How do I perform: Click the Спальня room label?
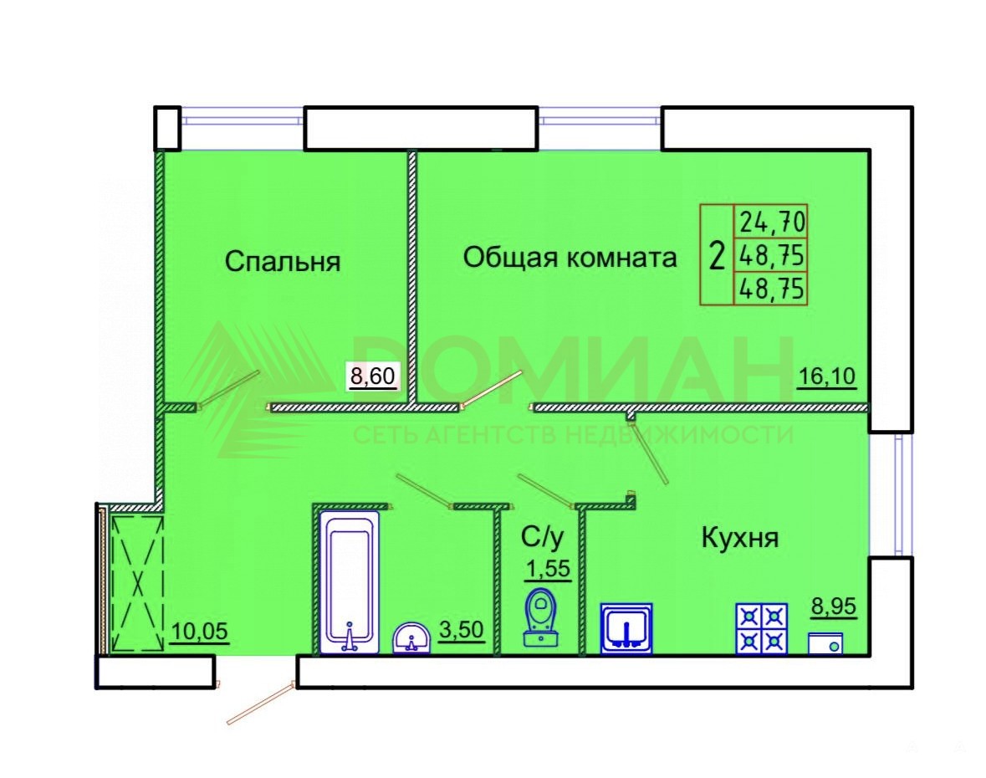coord(283,261)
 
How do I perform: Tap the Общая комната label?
coord(570,257)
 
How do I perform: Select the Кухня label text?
coord(739,538)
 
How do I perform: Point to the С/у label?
coord(543,537)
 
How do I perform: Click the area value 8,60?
coord(373,376)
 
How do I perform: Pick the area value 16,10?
coord(827,376)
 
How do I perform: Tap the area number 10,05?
coord(199,631)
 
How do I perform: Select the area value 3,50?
coord(461,630)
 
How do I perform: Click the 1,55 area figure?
coord(548,569)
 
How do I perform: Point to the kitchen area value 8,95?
coord(833,607)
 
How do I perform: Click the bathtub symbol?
coord(350,581)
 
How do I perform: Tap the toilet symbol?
coord(541,617)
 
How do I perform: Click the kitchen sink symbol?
coord(626,629)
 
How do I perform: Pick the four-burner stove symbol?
coord(762,629)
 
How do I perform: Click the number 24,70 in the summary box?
coord(772,222)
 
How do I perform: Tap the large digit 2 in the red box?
coord(717,256)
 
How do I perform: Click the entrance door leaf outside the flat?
coord(261,704)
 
